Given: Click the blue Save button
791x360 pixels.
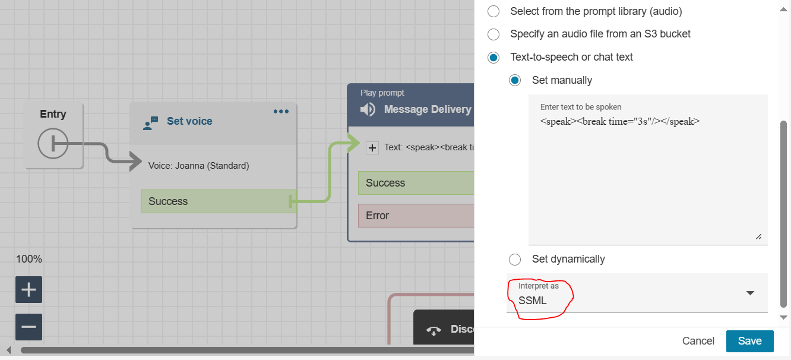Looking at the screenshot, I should coord(749,341).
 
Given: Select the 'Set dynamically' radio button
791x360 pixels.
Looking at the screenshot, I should coord(515,259).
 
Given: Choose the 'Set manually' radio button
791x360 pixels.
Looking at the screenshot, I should coord(515,80).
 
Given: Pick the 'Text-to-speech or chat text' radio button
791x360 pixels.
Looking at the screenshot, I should coord(493,58).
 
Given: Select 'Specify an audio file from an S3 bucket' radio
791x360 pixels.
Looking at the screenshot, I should coord(493,34).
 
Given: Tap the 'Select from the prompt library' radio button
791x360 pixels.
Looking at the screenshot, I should coord(493,11).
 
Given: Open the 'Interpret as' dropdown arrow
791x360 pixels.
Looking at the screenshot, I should coord(750,293).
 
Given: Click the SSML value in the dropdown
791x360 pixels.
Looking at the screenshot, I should coord(533,301).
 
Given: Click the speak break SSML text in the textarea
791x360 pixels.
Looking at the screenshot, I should coord(620,121).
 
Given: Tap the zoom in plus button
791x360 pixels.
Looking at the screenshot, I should coord(29,290).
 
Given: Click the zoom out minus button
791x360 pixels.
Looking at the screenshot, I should coord(29,327).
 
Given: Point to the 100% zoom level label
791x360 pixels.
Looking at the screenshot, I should coord(29,259).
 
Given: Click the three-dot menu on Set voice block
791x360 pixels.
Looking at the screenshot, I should coord(281,112).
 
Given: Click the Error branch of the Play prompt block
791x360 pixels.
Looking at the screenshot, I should coord(416,216).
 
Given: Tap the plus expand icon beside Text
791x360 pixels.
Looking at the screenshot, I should coord(372,147).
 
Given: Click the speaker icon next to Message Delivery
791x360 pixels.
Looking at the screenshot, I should coord(368,109).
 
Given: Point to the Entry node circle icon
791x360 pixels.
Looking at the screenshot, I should coord(53,143).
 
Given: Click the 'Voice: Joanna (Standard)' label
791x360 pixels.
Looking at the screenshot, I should coord(198,166).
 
